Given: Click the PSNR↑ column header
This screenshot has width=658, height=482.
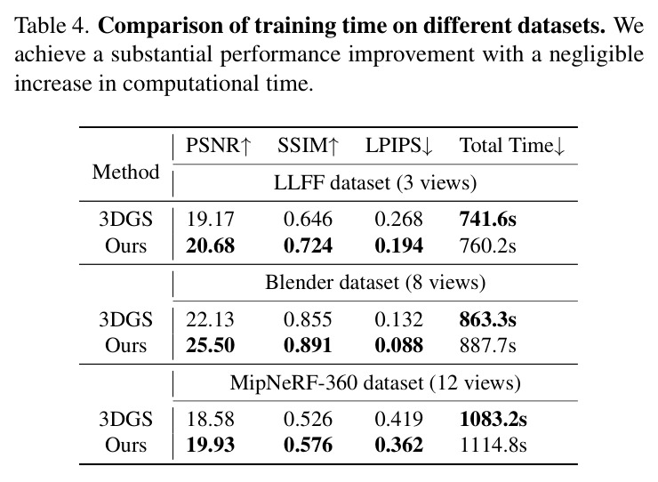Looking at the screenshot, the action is point(218,146).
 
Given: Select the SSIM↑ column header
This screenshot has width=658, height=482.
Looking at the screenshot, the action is point(308,146).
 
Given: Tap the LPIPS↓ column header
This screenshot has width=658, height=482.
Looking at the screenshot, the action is point(398,146).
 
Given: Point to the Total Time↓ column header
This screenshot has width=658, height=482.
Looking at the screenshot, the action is point(512,146).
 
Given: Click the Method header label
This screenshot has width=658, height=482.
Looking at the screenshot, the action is point(126,172).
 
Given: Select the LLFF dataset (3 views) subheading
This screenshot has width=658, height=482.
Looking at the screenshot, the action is point(375,182).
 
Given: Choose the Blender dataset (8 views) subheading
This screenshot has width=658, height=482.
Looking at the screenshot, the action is point(375,282).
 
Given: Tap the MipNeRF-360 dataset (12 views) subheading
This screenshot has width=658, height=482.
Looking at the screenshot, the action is point(375,382).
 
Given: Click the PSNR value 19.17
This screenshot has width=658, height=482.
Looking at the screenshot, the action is point(210,219).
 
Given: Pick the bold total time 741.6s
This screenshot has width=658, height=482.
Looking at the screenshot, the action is point(487,219).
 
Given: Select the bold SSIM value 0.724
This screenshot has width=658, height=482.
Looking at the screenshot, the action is point(308,245).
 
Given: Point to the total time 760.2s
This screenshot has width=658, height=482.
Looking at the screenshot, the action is point(487,245).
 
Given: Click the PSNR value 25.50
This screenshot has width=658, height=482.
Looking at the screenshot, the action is point(210,345).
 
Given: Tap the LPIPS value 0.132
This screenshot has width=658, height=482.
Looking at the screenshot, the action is point(398,319).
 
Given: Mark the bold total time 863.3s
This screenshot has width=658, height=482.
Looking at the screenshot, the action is point(487,319).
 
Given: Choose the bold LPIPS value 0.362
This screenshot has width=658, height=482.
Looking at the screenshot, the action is point(398,445).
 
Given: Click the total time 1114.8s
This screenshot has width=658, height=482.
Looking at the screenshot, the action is point(493,445).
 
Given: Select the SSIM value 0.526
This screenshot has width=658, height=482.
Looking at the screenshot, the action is point(308,419).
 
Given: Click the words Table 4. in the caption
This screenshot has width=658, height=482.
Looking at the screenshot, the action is point(52,26).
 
